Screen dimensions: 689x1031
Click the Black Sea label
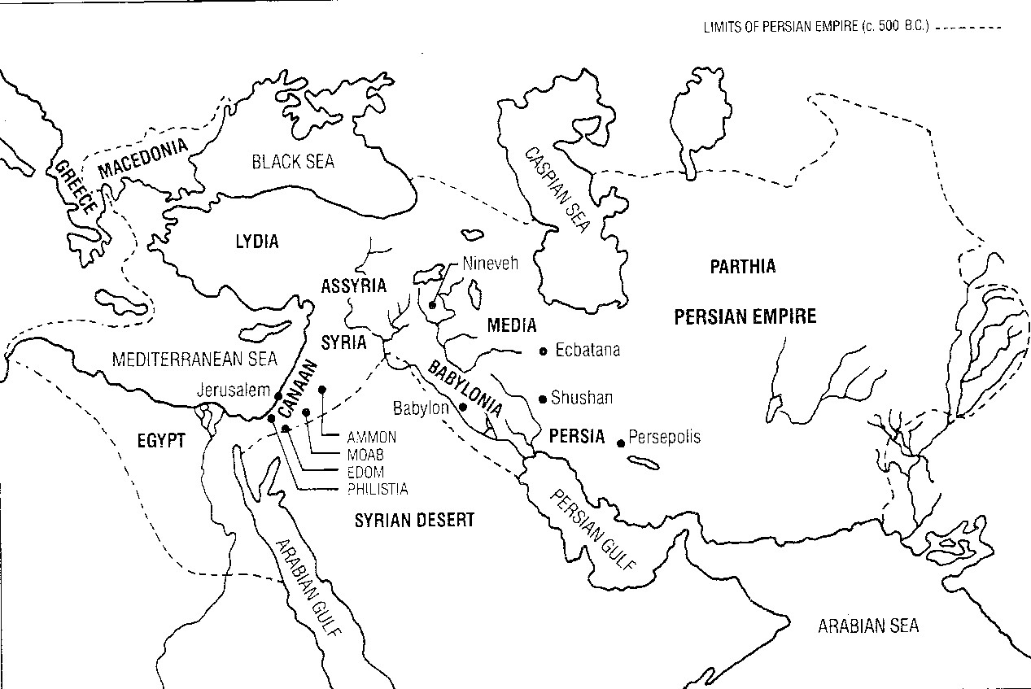coord(292,162)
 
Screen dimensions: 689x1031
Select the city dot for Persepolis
coord(621,443)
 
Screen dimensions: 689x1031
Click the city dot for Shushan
coord(543,399)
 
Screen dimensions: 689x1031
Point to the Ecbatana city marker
coord(544,351)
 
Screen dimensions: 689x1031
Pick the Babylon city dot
coord(462,407)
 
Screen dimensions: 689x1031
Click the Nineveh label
coord(490,263)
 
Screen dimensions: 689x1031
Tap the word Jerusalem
coord(233,390)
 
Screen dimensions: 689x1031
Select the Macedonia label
coord(142,158)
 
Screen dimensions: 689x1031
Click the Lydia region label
coord(256,242)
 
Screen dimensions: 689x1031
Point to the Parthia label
coord(742,266)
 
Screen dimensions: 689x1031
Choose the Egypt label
coord(161,441)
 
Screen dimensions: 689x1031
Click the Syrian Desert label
coord(414,521)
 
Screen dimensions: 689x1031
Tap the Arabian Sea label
coord(868,626)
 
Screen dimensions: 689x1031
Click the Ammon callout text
coord(371,438)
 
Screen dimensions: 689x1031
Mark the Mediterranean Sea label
coord(194,358)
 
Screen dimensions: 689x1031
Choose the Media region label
coord(511,325)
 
